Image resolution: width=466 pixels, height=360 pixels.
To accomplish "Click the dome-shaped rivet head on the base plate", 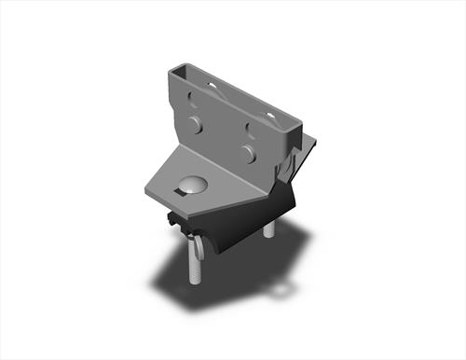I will point(192,184).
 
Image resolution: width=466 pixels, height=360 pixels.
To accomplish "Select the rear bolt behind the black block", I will point(268,228).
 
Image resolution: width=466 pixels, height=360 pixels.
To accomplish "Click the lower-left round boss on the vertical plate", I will point(195,125).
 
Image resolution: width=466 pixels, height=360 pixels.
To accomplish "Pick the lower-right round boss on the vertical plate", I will point(247,152).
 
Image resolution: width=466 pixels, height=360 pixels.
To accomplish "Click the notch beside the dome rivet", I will point(175,193).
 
